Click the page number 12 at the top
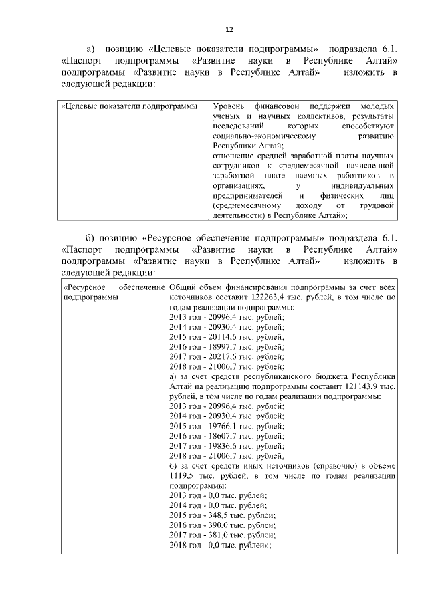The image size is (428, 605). click(229, 30)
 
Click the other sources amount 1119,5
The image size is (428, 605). click(183, 476)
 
